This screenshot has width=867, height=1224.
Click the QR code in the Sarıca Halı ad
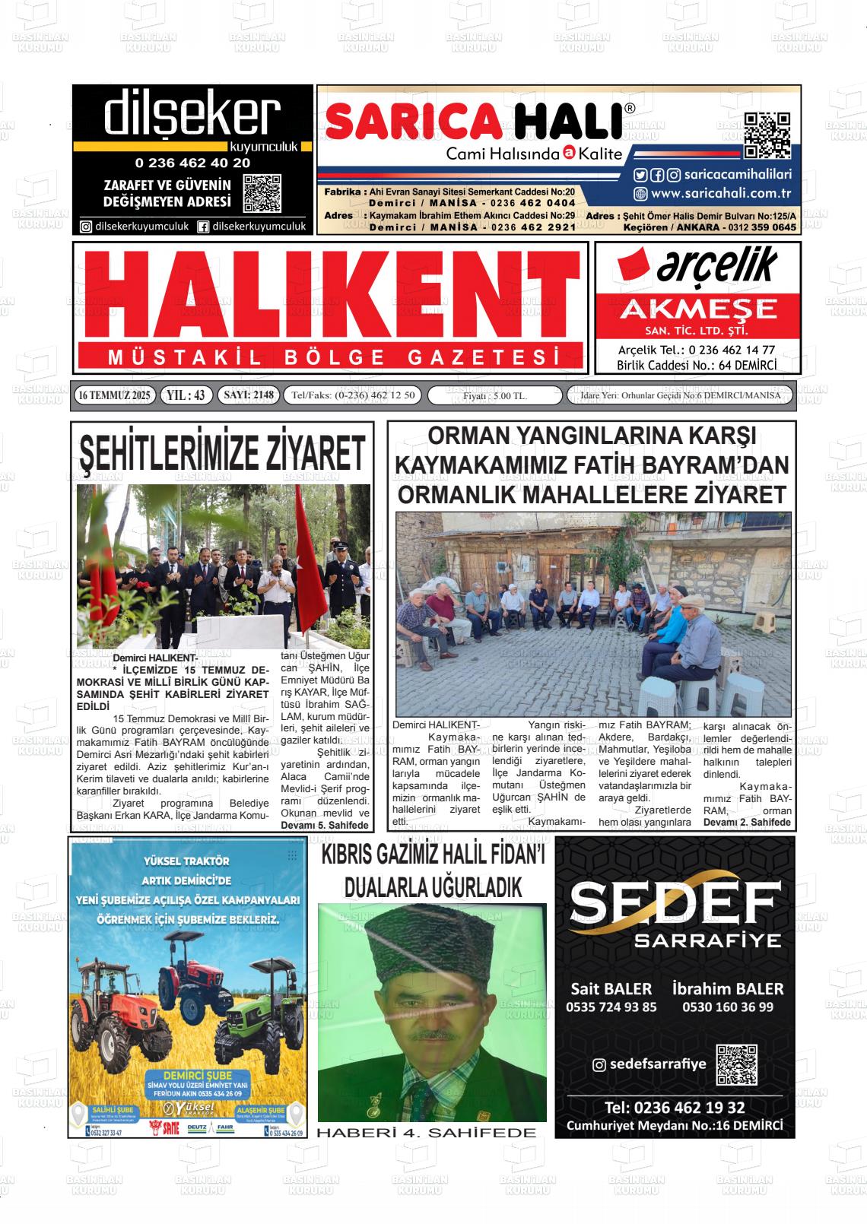(x=767, y=135)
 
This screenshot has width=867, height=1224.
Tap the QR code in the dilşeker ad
(x=262, y=194)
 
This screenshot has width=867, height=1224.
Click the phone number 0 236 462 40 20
(x=192, y=163)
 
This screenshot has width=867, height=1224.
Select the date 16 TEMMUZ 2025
(x=115, y=395)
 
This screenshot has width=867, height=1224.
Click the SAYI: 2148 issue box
(x=248, y=395)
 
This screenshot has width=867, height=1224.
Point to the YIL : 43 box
(x=186, y=395)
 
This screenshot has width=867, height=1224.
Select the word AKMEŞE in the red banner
(x=698, y=309)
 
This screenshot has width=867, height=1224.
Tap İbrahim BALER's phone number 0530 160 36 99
(x=728, y=1007)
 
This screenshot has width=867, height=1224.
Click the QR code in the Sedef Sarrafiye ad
(x=736, y=1064)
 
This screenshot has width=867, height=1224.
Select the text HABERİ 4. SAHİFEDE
(x=426, y=1133)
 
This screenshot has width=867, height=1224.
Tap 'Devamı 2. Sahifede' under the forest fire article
(x=747, y=822)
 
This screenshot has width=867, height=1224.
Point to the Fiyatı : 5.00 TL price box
(x=495, y=396)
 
